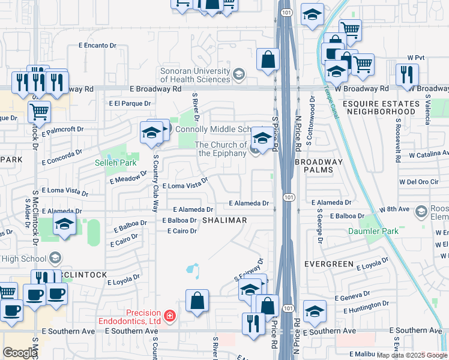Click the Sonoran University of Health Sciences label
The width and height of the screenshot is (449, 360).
click(x=195, y=76)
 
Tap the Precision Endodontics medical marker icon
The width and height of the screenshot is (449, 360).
click(x=170, y=315)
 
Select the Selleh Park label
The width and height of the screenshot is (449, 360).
click(x=116, y=163)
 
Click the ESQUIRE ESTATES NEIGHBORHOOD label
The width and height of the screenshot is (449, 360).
click(x=381, y=107)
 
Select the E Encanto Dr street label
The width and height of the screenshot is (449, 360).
click(x=97, y=45)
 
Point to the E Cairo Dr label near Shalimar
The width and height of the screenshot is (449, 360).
click(x=182, y=231)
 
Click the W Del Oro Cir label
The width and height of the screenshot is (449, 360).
click(x=420, y=182)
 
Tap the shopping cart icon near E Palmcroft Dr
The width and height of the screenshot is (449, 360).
click(x=39, y=110)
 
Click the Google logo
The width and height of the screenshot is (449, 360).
click(x=20, y=352)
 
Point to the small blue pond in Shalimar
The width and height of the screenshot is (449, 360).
click(x=194, y=271)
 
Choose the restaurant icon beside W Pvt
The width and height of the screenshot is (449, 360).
click(x=408, y=74)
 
